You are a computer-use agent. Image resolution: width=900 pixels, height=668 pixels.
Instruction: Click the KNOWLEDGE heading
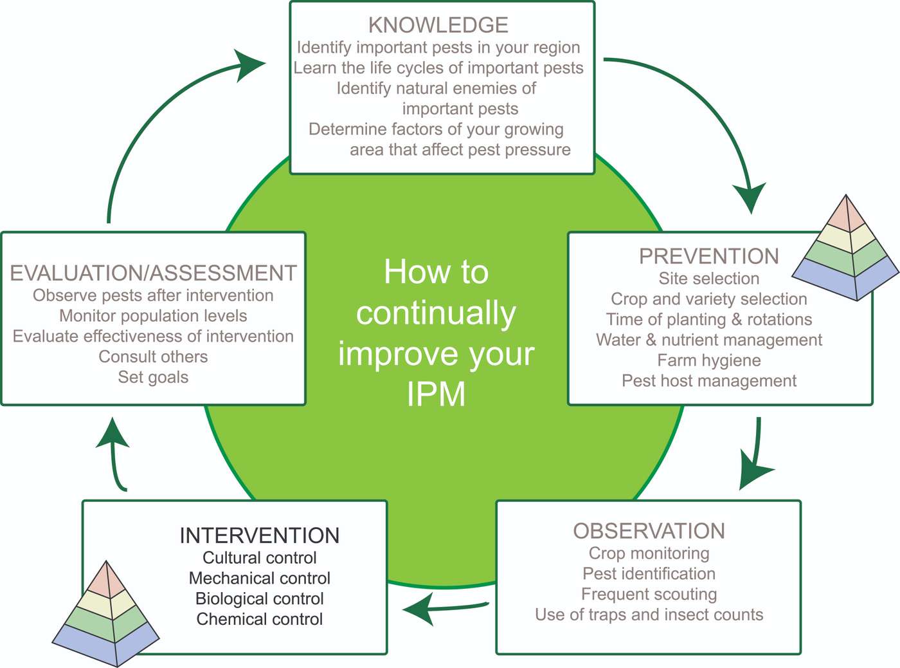[x=438, y=25]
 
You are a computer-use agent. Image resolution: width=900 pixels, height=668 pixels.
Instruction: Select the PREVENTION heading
[x=708, y=256]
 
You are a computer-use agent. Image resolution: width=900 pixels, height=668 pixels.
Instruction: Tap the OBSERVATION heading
[x=649, y=531]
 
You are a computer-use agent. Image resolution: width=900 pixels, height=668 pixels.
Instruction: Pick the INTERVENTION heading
[x=259, y=535]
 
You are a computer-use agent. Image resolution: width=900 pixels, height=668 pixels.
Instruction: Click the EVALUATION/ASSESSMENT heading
[x=153, y=273]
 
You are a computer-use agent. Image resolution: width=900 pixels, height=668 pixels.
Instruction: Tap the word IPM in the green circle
[x=436, y=394]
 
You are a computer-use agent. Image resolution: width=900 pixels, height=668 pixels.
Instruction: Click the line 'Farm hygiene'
[x=708, y=360]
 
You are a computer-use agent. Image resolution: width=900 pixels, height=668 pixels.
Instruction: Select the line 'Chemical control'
[x=259, y=619]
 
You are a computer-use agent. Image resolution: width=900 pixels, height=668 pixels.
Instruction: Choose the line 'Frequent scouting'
[x=649, y=594]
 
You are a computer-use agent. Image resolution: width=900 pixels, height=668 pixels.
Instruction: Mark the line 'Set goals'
[x=153, y=377]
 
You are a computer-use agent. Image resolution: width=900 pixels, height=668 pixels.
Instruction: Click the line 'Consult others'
[x=153, y=357]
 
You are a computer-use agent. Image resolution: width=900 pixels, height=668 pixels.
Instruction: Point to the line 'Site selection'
[x=708, y=279]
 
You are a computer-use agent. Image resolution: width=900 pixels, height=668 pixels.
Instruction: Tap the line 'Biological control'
[x=259, y=598]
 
